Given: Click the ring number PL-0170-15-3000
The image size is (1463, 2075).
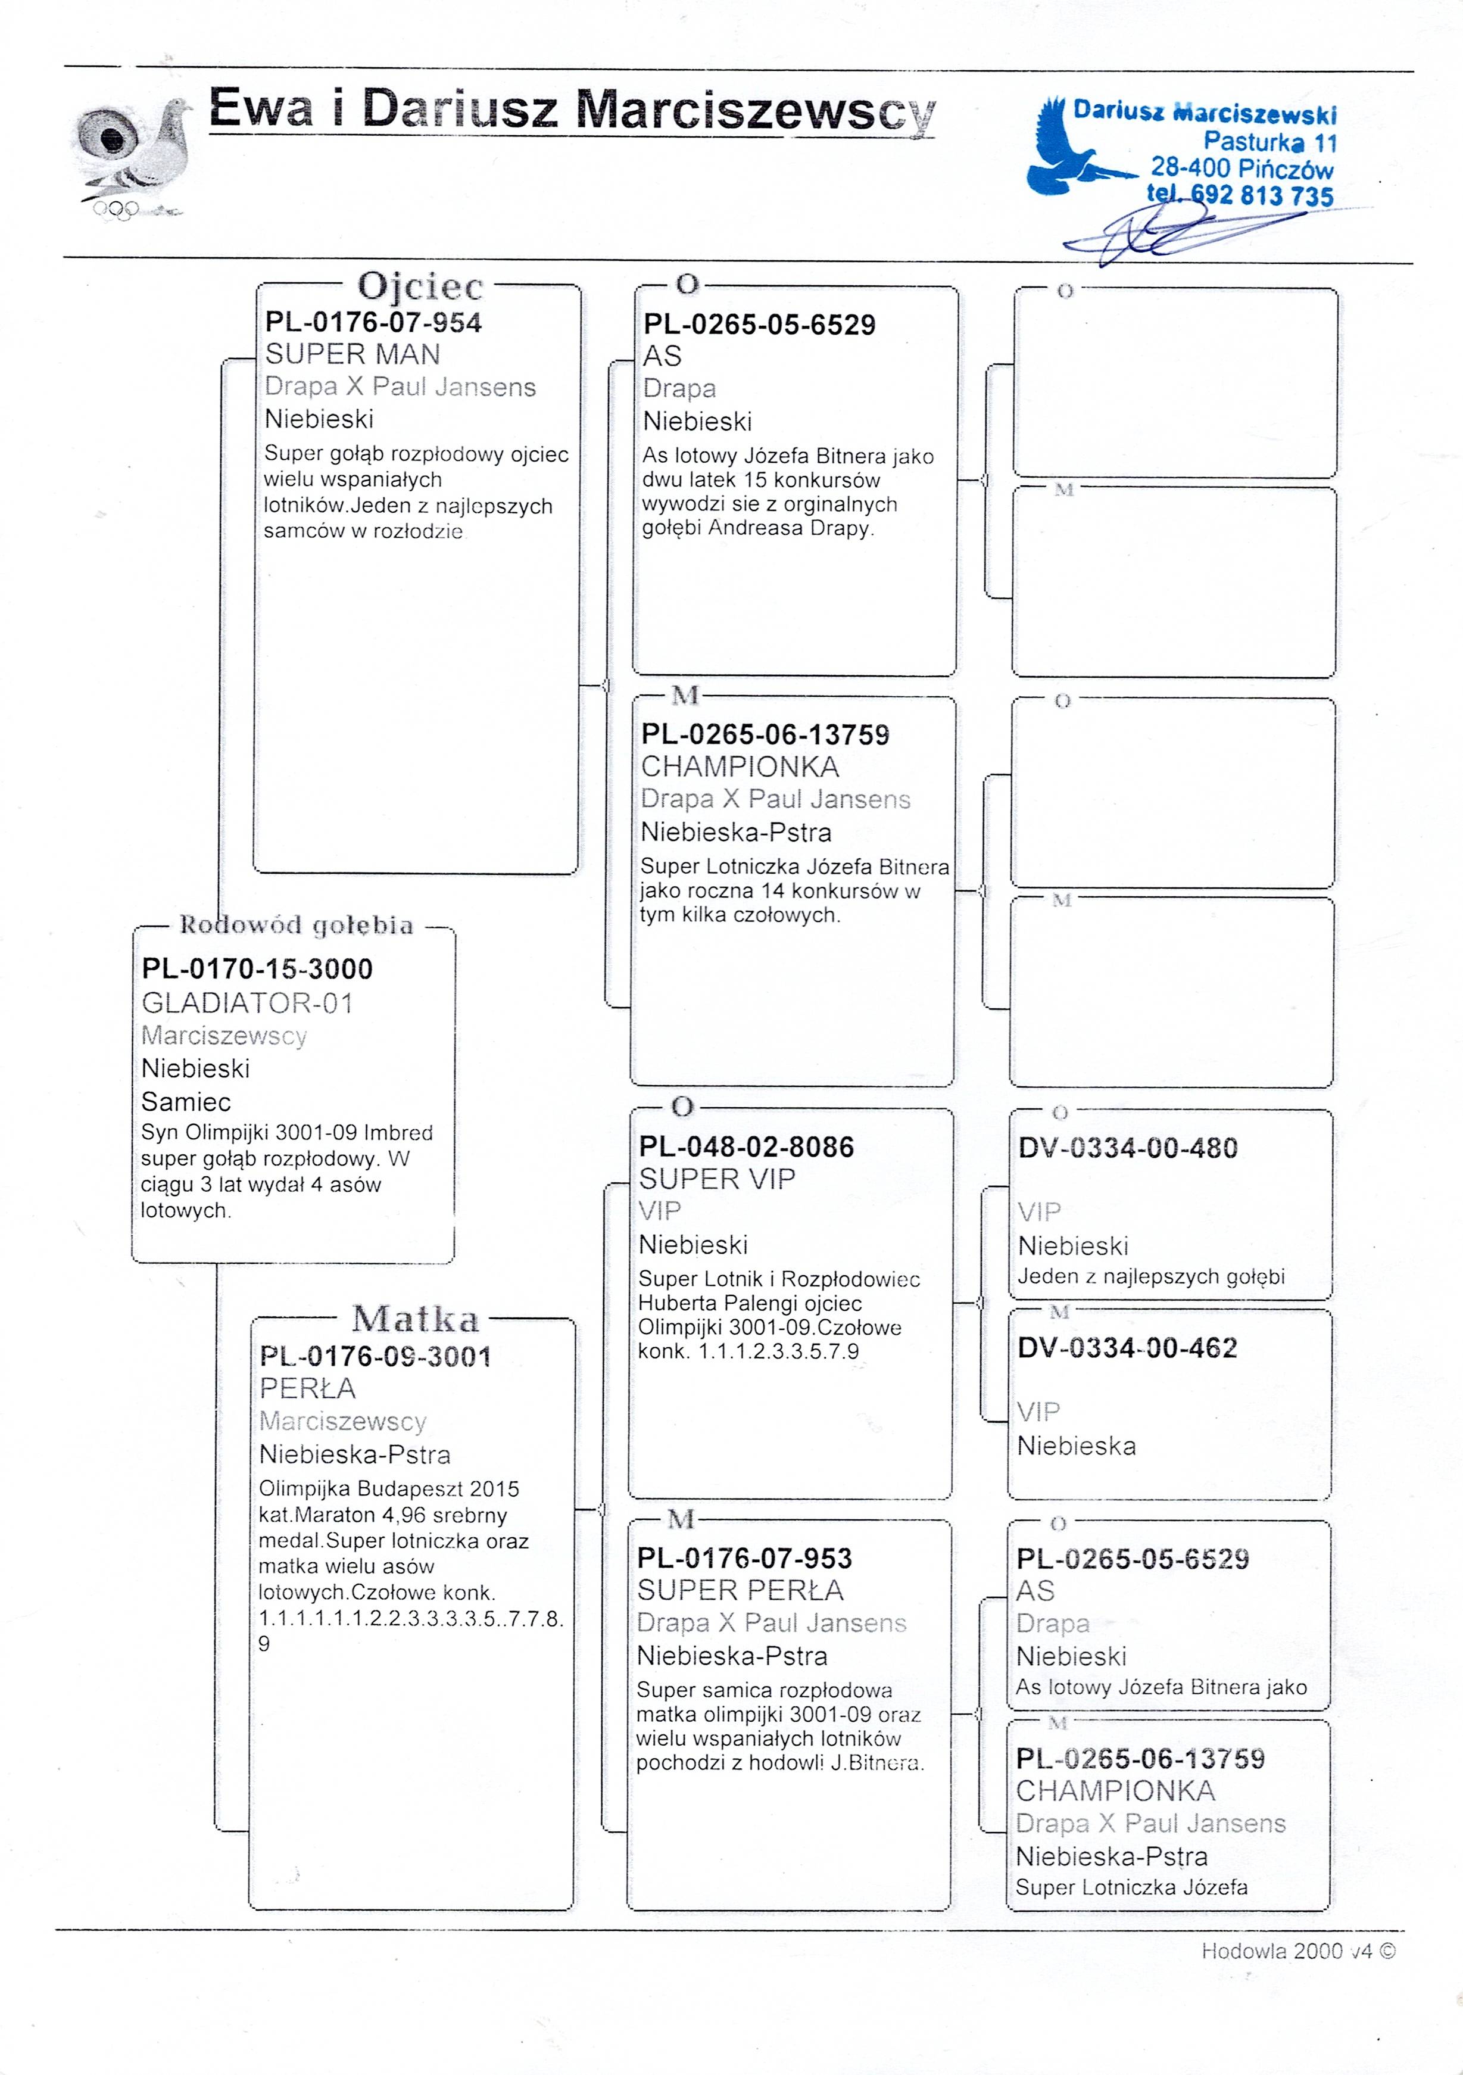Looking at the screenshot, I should (257, 969).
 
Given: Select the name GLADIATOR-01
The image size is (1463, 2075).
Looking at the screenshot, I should (247, 1003).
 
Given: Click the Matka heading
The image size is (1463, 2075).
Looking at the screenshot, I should (416, 1319).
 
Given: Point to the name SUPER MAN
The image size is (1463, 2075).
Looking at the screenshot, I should (353, 354).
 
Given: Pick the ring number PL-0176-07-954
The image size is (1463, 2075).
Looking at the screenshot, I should (373, 323).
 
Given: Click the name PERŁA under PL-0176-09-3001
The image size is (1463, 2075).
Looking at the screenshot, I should (307, 1388).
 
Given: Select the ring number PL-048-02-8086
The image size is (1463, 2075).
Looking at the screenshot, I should (747, 1147).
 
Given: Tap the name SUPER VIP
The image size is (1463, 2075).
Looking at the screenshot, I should (716, 1179).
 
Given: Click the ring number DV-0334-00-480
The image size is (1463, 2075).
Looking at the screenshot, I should (1128, 1149).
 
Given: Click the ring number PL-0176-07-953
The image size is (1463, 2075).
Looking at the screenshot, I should (745, 1558).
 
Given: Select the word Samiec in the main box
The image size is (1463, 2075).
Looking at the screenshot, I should (186, 1102).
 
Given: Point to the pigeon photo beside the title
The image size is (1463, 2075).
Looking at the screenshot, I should (136, 154).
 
